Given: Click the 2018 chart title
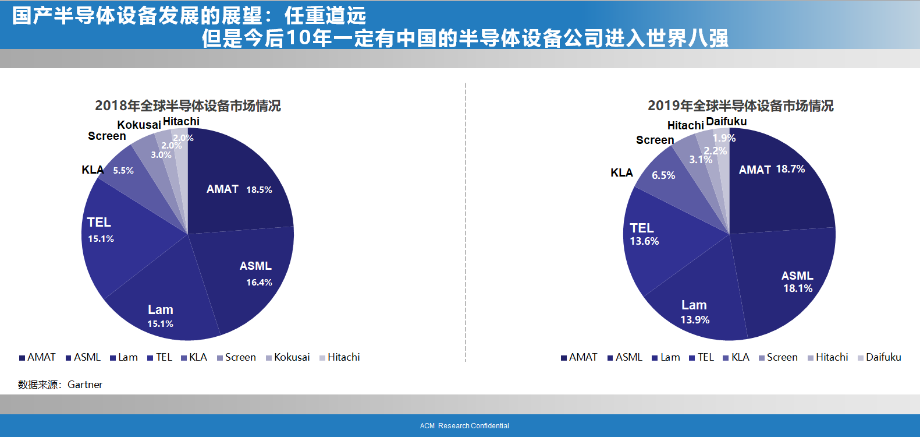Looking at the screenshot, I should click(187, 105).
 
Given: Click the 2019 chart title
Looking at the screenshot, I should click(740, 105).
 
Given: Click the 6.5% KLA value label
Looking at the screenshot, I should click(663, 175).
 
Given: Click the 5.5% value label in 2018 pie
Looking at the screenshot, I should click(123, 171).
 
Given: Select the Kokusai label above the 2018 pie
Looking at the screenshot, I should click(139, 125).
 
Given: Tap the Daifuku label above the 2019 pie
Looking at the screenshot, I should click(726, 121).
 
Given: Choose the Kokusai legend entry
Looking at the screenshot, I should click(292, 357).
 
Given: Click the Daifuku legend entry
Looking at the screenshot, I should click(883, 357).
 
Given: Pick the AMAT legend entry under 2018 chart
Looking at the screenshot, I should click(41, 357).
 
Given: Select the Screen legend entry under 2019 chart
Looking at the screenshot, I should click(782, 357).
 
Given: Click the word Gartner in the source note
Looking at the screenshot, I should click(85, 385).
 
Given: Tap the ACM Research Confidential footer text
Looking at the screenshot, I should click(464, 426).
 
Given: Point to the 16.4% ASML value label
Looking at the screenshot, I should click(259, 283).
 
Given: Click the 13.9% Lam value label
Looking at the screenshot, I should click(695, 320).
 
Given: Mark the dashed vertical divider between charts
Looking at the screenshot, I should click(466, 221).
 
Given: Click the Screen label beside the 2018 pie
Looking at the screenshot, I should click(106, 136).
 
